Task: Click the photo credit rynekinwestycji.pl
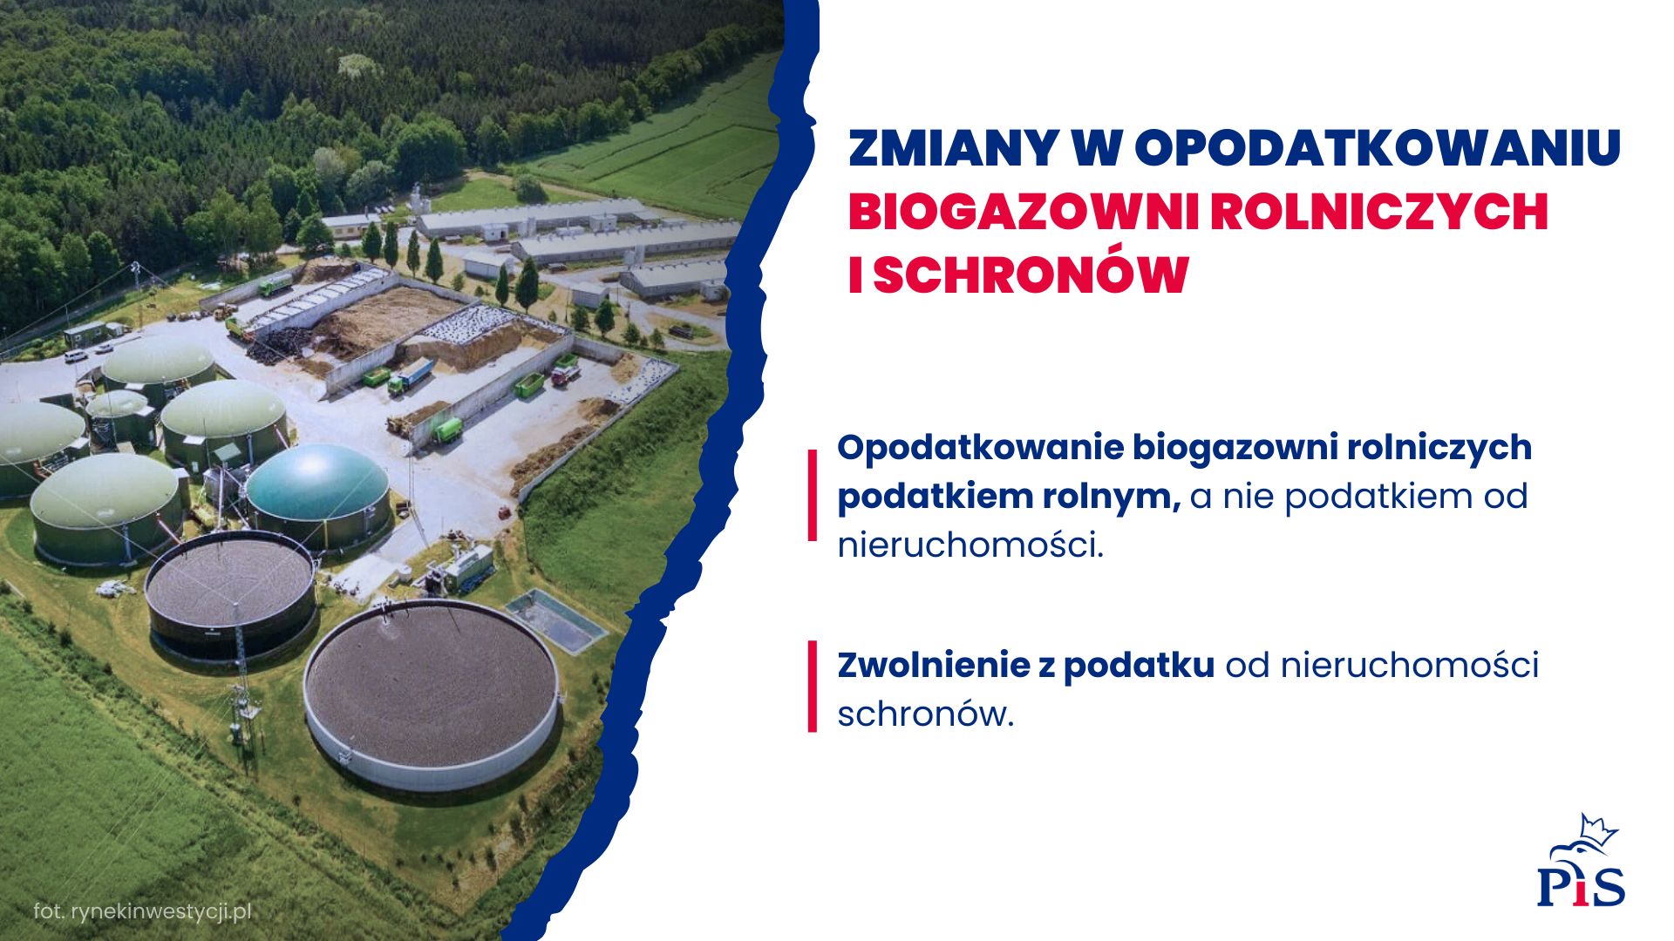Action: [160, 911]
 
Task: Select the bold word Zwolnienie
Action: [934, 665]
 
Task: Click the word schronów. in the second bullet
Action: [926, 714]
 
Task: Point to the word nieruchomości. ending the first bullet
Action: [970, 545]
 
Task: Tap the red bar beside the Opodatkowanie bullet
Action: [813, 496]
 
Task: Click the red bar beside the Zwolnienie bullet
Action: [813, 687]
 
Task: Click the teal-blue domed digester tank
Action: [317, 493]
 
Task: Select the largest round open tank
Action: [432, 694]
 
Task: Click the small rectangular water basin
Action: [556, 620]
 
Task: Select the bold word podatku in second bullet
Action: [1139, 665]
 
